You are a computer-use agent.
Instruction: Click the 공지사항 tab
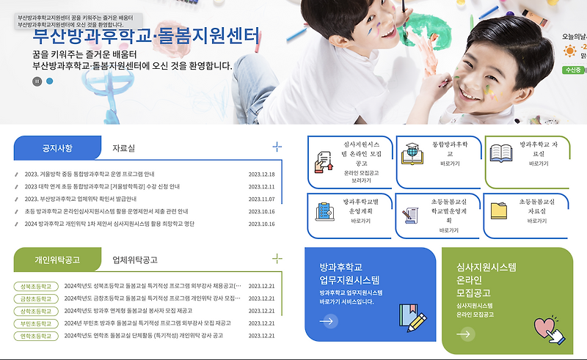point(57,148)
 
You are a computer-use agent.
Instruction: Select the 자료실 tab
point(123,148)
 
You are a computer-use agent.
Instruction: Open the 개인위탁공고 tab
point(57,260)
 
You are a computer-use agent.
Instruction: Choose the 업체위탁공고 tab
point(134,260)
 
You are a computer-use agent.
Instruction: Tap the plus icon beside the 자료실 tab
point(277,147)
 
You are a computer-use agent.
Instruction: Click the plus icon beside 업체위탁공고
point(277,258)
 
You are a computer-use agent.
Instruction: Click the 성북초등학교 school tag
point(36,286)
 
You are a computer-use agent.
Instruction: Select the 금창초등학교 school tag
point(36,298)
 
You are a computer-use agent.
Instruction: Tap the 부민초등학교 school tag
point(36,323)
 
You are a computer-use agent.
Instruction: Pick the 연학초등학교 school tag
point(36,336)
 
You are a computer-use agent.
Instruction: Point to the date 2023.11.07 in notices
point(261,199)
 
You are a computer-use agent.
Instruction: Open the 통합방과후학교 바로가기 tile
point(439,161)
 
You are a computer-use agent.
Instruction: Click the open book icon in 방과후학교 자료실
point(500,153)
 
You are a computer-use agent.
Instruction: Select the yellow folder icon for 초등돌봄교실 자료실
point(500,210)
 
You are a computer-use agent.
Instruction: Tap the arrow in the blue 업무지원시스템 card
point(328,320)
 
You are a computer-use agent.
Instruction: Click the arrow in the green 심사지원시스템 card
point(464,334)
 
